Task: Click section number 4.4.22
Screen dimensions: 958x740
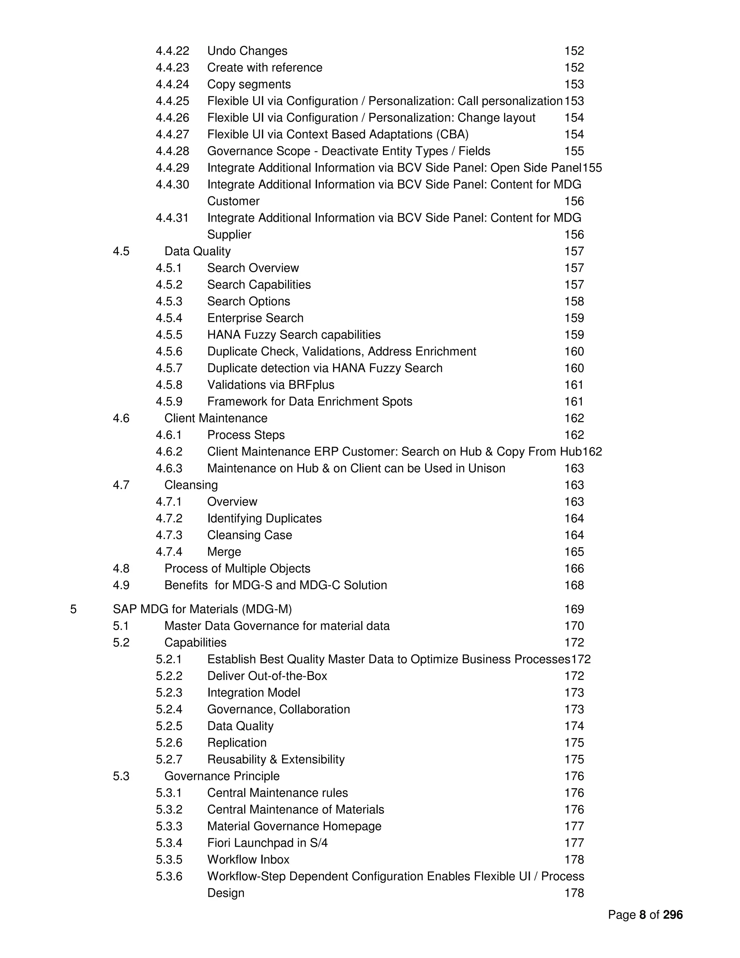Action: pos(172,51)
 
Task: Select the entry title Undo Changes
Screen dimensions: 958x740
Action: pos(247,51)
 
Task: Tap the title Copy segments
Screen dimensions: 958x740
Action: pos(249,84)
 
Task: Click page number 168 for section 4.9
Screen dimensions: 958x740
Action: pos(574,585)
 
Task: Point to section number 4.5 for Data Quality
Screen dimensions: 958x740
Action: pos(121,251)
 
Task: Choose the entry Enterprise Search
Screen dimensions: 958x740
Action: pos(255,318)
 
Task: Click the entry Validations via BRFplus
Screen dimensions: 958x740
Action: pos(271,385)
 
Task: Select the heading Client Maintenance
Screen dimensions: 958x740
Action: pos(216,418)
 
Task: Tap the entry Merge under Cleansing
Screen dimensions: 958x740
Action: pos(224,552)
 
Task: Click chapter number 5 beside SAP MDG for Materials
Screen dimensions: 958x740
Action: pos(73,609)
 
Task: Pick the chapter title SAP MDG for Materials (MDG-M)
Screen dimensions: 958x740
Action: pos(202,609)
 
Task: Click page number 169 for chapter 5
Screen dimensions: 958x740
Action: pos(574,609)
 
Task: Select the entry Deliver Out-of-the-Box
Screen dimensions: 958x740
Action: pos(267,676)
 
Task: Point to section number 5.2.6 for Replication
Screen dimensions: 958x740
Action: pos(169,743)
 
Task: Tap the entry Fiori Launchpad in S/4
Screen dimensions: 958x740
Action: pos(267,843)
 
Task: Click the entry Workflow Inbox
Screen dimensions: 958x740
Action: pos(248,859)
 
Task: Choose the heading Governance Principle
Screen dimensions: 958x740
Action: pos(222,776)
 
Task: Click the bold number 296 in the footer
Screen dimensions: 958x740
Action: pos(672,915)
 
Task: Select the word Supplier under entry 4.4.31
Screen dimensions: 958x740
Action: pos(229,235)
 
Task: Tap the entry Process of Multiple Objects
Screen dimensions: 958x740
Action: pos(237,569)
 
